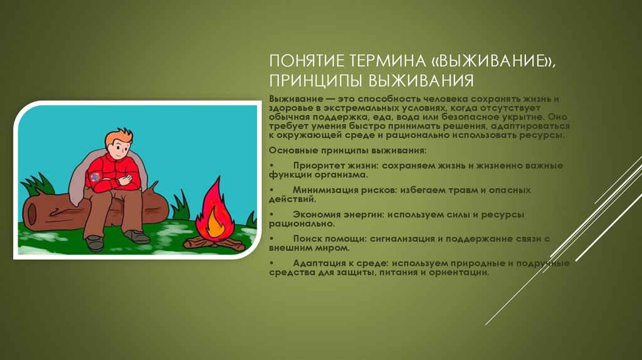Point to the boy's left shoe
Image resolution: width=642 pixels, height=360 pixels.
pyautogui.click(x=94, y=242)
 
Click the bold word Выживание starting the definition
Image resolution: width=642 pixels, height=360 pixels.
pyautogui.click(x=293, y=100)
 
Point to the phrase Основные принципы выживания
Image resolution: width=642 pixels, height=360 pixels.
pyautogui.click(x=347, y=151)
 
